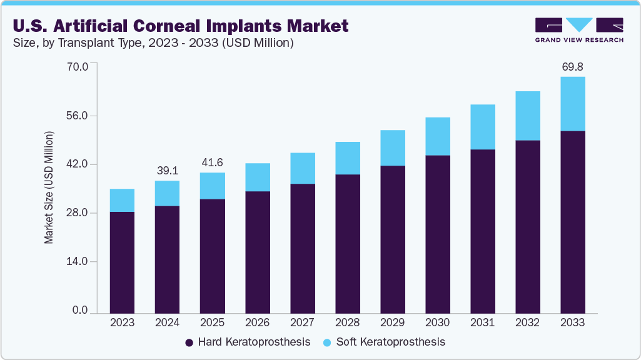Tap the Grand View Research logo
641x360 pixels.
[x=578, y=29]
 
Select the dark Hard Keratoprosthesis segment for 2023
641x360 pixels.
[x=122, y=262]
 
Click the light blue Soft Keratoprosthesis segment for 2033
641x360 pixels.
[x=572, y=104]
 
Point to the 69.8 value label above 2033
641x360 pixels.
[x=572, y=66]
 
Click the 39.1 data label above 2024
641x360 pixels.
[x=167, y=171]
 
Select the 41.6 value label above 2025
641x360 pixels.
[x=212, y=162]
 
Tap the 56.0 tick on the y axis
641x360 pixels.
[x=79, y=116]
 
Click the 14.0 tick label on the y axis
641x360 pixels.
[x=79, y=261]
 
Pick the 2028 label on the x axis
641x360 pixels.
[x=347, y=322]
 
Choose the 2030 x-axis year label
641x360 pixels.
[x=437, y=322]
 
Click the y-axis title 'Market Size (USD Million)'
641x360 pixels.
[x=49, y=187]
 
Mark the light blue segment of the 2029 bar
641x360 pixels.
[x=392, y=148]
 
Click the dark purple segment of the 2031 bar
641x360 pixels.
[x=482, y=231]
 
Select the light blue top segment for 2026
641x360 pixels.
[x=257, y=177]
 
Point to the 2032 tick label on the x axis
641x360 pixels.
[x=527, y=322]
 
